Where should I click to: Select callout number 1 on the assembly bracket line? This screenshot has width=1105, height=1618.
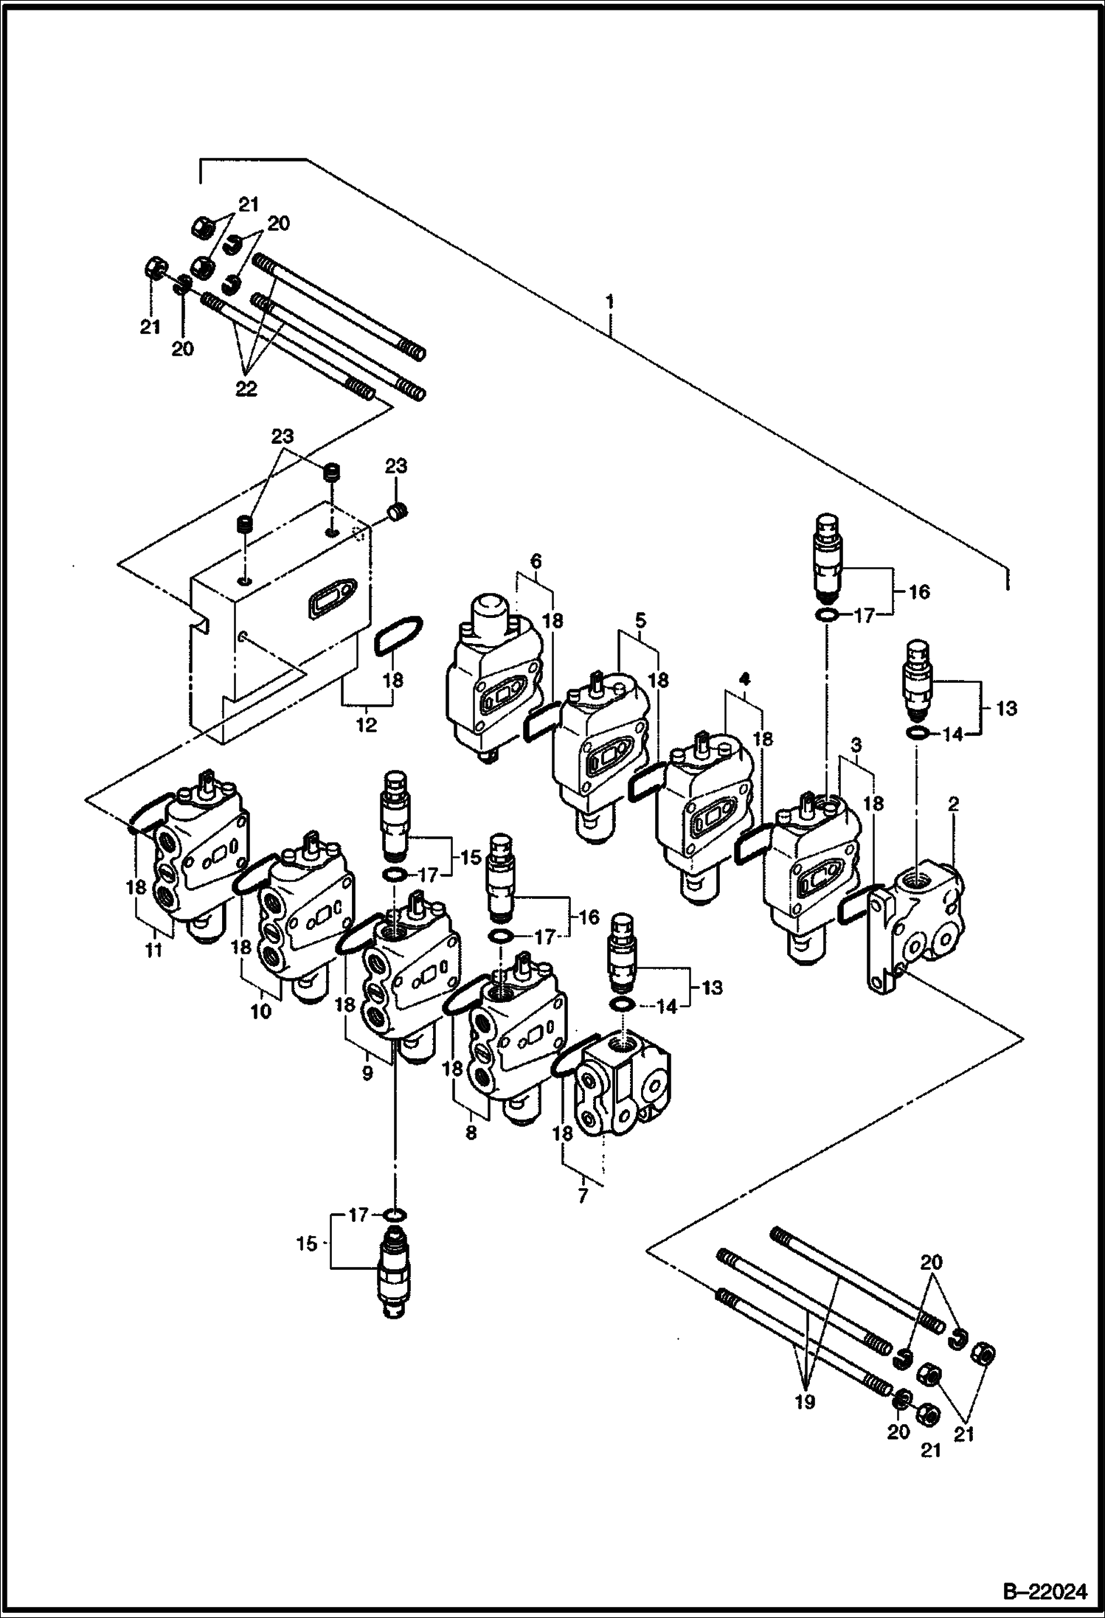coord(609,302)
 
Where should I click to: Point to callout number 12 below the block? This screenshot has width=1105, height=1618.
coord(366,725)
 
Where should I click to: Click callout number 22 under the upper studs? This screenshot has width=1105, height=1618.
coord(246,389)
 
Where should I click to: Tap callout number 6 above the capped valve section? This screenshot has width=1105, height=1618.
coord(536,561)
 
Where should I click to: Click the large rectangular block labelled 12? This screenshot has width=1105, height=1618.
coord(280,619)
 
